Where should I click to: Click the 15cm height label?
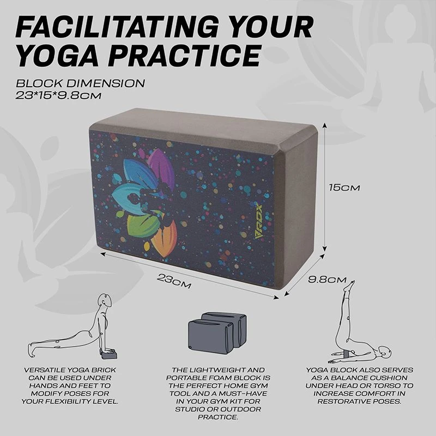(344, 187)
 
